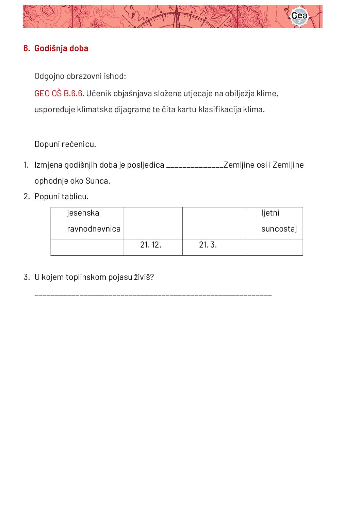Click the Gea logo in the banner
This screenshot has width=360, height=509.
pyautogui.click(x=299, y=16)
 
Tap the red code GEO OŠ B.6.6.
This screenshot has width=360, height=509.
pyautogui.click(x=59, y=94)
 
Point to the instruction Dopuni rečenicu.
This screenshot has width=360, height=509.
pyautogui.click(x=65, y=144)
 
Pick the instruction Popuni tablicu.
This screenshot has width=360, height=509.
pyautogui.click(x=61, y=197)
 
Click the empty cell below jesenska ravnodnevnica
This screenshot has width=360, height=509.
pyautogui.click(x=87, y=247)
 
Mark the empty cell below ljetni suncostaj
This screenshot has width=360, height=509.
pyautogui.click(x=274, y=247)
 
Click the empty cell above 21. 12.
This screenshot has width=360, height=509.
pyautogui.click(x=153, y=223)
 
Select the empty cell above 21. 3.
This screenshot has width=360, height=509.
pyautogui.click(x=214, y=223)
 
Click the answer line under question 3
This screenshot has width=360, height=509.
pyautogui.click(x=153, y=294)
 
